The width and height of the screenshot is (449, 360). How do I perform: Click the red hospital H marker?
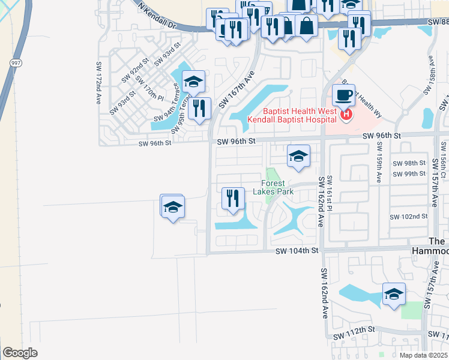pyautogui.click(x=346, y=115)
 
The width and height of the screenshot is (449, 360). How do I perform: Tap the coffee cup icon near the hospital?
pyautogui.click(x=344, y=95)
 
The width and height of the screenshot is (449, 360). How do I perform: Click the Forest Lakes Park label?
pyautogui.click(x=277, y=187)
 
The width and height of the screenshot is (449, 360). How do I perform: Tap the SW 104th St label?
pyautogui.click(x=297, y=251)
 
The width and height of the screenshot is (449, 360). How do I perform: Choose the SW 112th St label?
pyautogui.click(x=354, y=330)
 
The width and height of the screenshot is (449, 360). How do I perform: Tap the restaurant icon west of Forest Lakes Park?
pyautogui.click(x=233, y=198)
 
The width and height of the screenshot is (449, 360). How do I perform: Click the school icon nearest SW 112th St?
pyautogui.click(x=394, y=294)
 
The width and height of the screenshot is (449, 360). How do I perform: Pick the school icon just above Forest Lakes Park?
pyautogui.click(x=298, y=156)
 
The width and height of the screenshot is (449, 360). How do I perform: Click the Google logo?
pyautogui.click(x=20, y=352)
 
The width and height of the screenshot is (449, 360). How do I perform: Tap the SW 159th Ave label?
pyautogui.click(x=379, y=162)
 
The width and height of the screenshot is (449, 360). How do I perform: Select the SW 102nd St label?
pyautogui.click(x=409, y=217)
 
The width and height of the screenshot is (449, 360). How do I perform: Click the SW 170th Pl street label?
pyautogui.click(x=149, y=87)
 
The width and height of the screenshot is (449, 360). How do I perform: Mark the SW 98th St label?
pyautogui.click(x=409, y=163)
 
